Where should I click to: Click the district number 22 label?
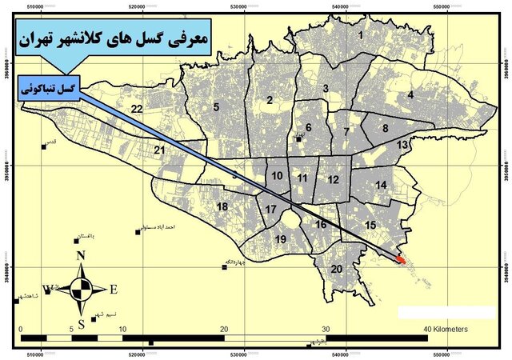tap(138, 109)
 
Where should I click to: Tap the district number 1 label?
tap(361, 35)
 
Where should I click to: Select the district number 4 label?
tap(410, 95)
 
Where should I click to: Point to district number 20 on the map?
tap(337, 269)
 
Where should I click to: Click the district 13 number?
tap(402, 144)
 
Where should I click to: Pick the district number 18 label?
tap(222, 207)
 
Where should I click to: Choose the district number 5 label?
tap(216, 106)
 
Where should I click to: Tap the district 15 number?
tap(370, 226)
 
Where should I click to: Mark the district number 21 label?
tap(160, 150)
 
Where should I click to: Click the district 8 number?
tap(385, 127)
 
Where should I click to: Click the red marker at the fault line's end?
tap(401, 258)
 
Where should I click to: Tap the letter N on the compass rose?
tap(80, 256)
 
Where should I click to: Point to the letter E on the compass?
tap(114, 290)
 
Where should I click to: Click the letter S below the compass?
tap(82, 322)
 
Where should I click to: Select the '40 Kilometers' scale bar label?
tap(446, 329)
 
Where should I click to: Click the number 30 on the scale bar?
tap(326, 329)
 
